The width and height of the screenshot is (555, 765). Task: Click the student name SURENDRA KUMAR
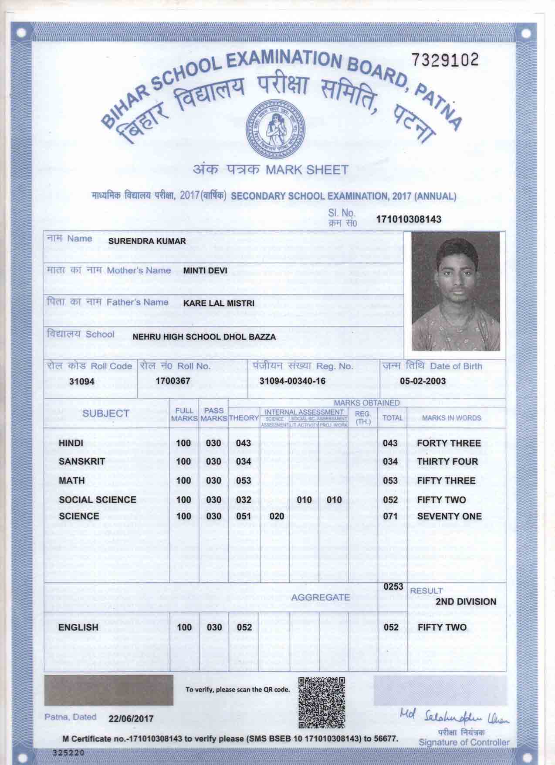tap(147, 241)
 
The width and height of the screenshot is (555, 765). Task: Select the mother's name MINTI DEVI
tap(205, 270)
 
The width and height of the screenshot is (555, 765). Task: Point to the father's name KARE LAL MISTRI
tap(219, 303)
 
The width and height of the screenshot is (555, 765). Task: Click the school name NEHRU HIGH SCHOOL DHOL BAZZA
tap(204, 337)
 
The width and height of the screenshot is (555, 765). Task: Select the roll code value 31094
tap(81, 381)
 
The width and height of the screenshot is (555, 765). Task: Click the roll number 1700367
tap(173, 381)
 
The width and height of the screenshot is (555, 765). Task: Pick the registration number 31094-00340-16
tap(292, 381)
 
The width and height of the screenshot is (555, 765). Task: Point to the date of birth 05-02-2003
tap(423, 381)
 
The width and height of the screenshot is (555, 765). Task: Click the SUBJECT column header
tap(106, 413)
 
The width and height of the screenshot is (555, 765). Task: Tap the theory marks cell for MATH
tap(243, 481)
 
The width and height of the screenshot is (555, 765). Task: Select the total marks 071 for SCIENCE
tap(390, 516)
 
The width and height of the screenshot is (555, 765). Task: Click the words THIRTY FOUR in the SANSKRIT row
tap(447, 461)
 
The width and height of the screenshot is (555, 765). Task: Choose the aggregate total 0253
tap(393, 587)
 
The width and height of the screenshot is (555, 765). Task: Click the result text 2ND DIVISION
tap(466, 601)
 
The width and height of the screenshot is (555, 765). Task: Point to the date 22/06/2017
tap(131, 718)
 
